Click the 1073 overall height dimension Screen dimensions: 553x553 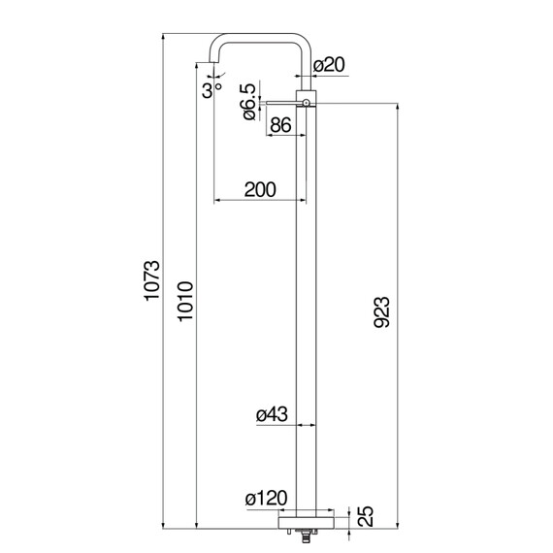point(152,280)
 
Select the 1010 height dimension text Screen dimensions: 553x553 point(185,302)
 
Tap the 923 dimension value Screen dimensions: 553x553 point(382,312)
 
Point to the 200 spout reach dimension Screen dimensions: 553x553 point(260,189)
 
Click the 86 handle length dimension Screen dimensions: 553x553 point(281,124)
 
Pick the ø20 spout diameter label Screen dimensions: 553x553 point(329,65)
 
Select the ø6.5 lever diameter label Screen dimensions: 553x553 point(248,102)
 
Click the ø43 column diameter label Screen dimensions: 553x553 point(272,414)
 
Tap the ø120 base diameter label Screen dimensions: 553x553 point(267,499)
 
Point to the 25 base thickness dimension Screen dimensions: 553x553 point(365,516)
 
